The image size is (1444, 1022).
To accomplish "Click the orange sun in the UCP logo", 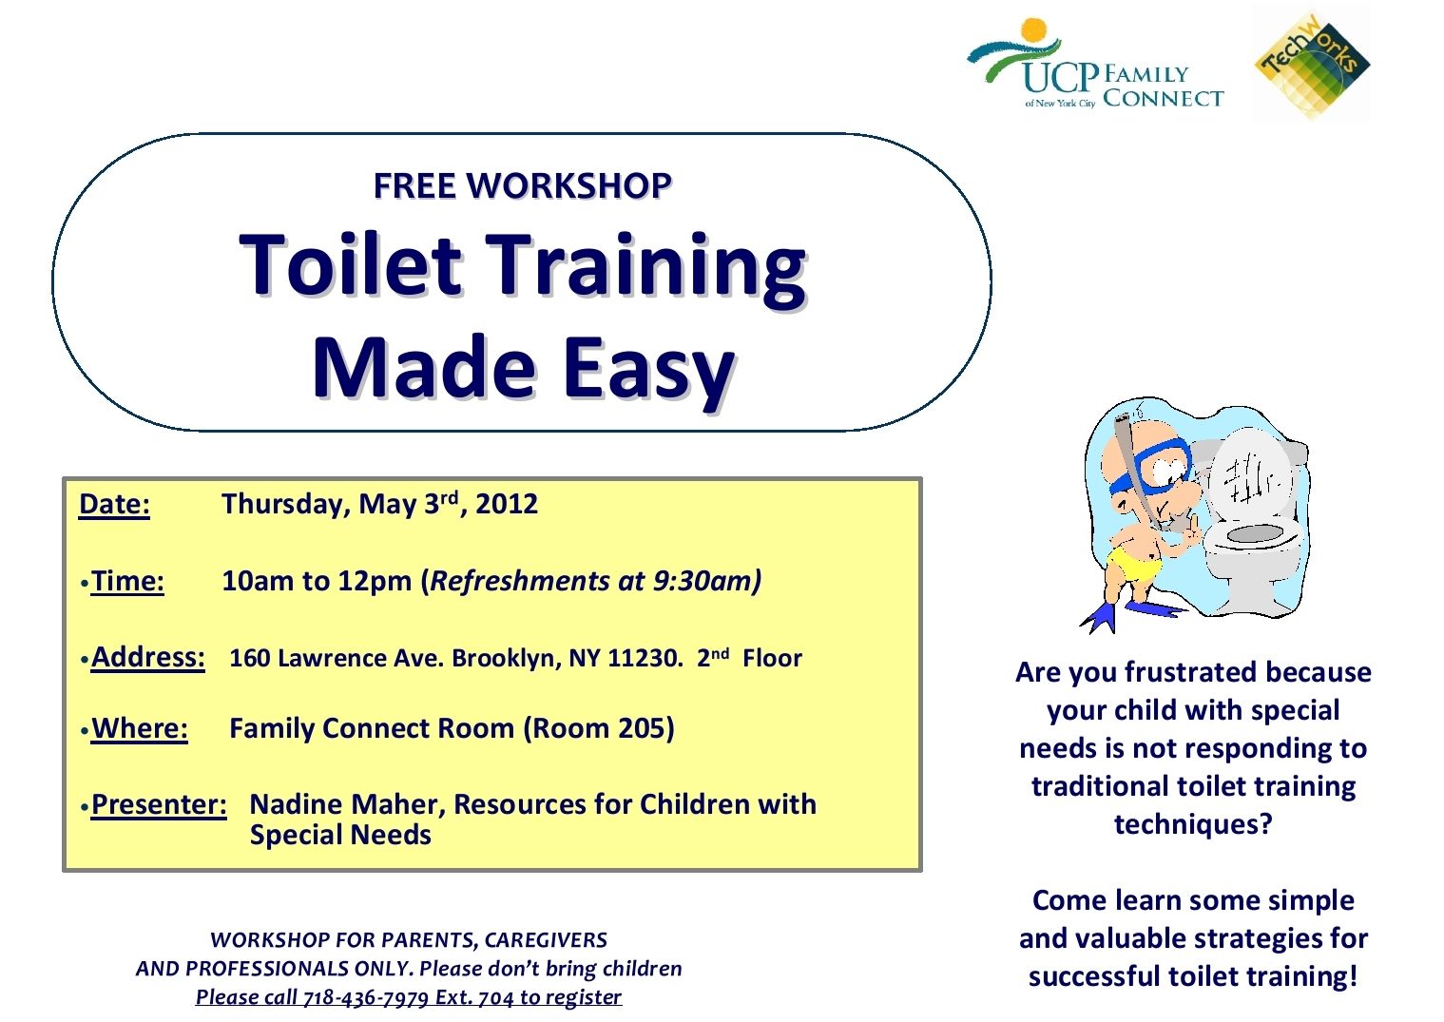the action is (x=1034, y=31).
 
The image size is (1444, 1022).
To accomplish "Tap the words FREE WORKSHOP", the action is (x=522, y=185).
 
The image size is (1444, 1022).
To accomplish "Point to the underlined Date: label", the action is (x=114, y=504).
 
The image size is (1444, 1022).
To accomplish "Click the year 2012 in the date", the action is (x=507, y=504).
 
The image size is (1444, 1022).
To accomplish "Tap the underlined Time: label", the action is (x=127, y=581).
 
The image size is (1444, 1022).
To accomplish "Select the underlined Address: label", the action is (x=147, y=658).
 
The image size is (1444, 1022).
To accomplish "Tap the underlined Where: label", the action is (x=139, y=728).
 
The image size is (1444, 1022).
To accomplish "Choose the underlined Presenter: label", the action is (x=159, y=804).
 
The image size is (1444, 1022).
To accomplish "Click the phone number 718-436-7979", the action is (x=365, y=997).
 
